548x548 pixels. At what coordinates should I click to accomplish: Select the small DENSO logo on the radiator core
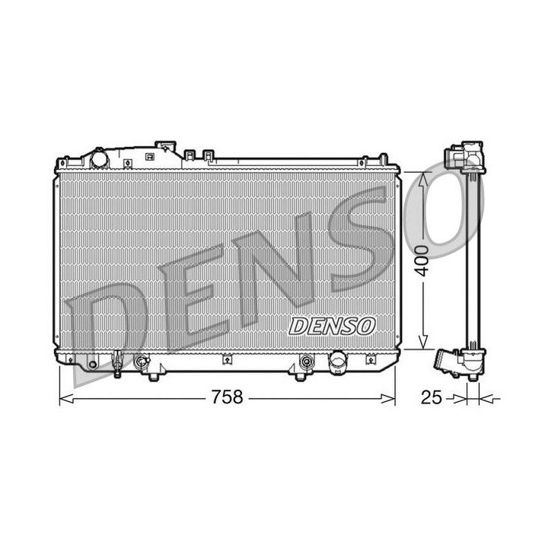click(x=333, y=326)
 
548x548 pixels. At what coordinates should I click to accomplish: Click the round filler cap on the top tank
click(x=99, y=158)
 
